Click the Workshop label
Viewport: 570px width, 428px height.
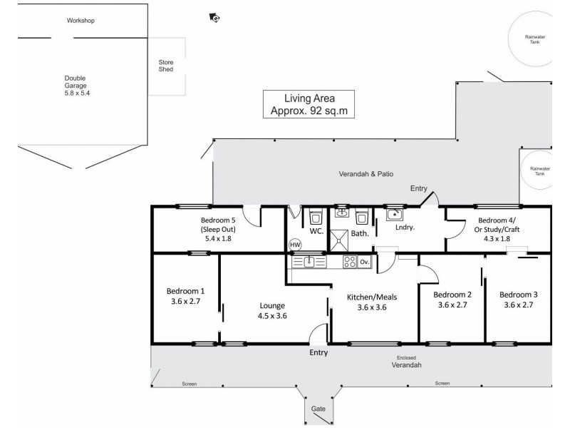pos(81,21)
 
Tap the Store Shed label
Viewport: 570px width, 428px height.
pos(165,66)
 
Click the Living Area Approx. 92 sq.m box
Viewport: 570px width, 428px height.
pos(309,104)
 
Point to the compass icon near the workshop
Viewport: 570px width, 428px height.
pos(214,18)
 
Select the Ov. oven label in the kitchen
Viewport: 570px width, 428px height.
pos(364,263)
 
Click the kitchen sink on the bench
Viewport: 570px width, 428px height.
pos(310,262)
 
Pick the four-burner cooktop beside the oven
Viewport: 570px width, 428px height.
pos(348,262)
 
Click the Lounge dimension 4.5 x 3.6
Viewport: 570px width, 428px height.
pos(271,315)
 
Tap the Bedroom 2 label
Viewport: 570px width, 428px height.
pos(452,295)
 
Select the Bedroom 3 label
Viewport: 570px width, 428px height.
pos(518,295)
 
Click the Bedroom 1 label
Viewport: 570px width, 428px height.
pos(185,291)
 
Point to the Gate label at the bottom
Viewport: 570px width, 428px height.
pos(318,409)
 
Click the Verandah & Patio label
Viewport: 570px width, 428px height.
pos(366,174)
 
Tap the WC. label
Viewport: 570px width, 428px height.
pos(317,232)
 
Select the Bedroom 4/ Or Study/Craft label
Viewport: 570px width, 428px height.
pos(499,225)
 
